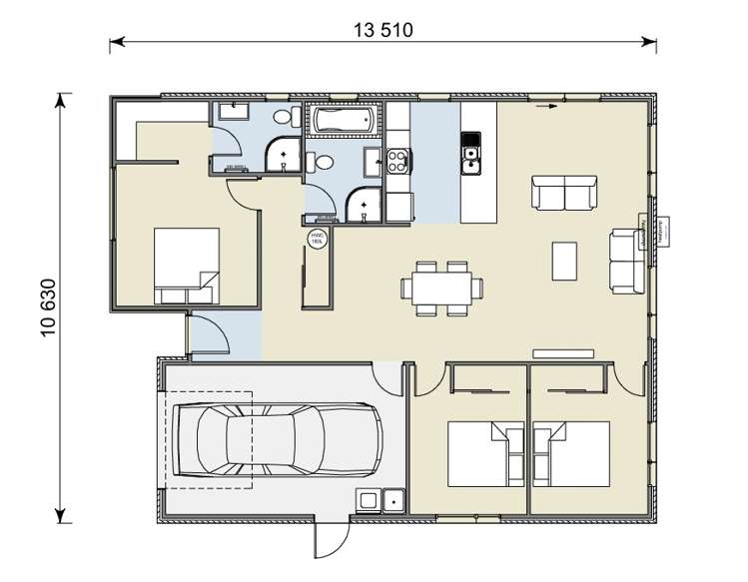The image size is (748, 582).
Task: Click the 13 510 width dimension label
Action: (382, 29)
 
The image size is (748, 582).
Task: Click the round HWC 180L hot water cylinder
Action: (317, 240)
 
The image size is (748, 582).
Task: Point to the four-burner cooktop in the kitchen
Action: (397, 159)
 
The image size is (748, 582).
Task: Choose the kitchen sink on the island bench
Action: (470, 156)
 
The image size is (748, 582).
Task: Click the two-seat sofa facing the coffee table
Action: (564, 193)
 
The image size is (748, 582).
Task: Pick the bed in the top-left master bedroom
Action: (186, 265)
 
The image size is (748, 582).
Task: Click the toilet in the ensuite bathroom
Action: (283, 119)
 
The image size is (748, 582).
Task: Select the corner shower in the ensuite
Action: (283, 153)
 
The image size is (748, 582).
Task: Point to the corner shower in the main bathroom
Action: (364, 206)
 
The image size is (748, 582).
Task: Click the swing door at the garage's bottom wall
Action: (330, 540)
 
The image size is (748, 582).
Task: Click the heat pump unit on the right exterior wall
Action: (660, 233)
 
